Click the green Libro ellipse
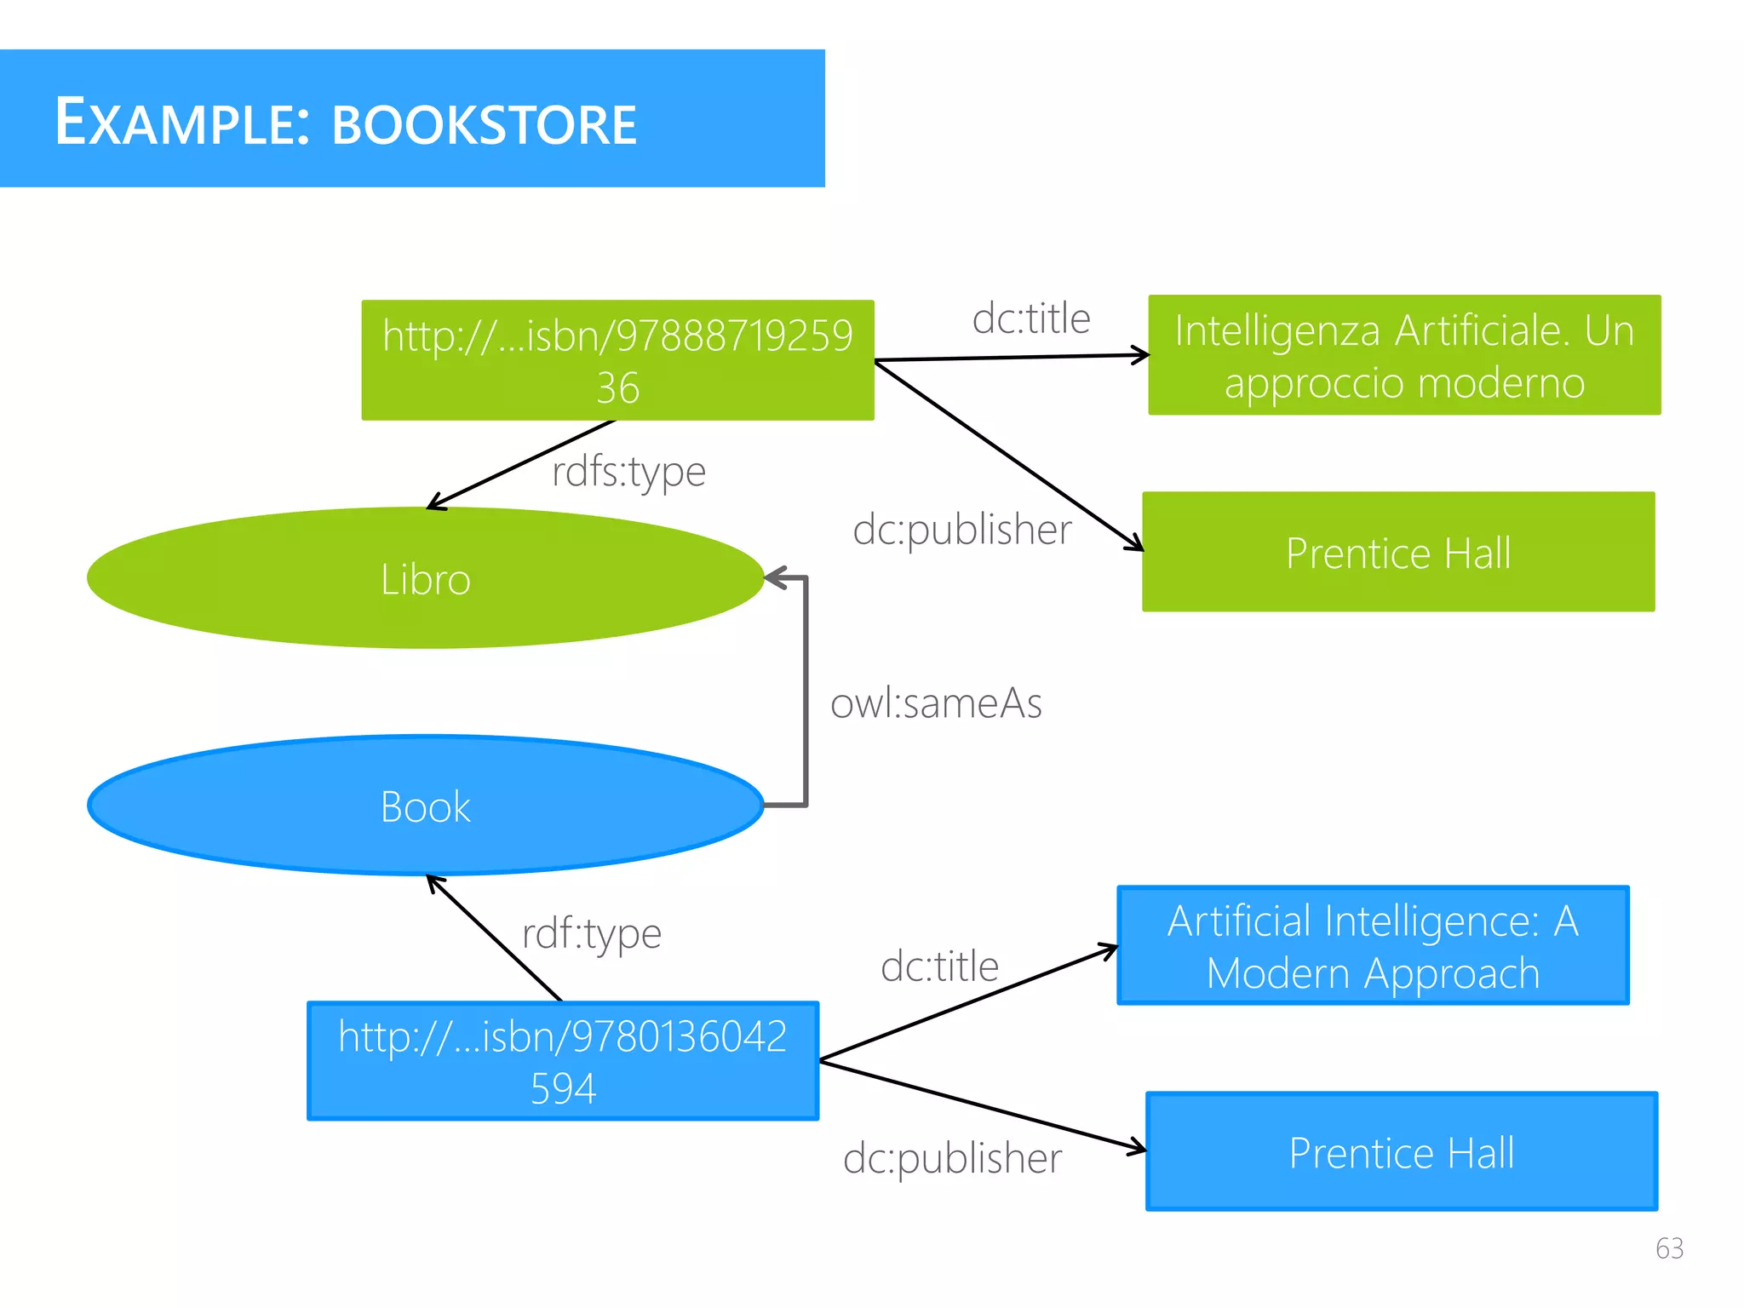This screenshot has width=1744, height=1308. click(x=425, y=578)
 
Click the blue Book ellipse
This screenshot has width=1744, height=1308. click(x=425, y=806)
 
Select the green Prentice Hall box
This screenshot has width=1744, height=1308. click(x=1398, y=552)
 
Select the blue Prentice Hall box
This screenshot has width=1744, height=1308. click(x=1402, y=1151)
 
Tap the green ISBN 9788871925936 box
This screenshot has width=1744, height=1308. click(x=617, y=360)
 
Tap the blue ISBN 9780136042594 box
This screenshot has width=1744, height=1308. click(x=563, y=1061)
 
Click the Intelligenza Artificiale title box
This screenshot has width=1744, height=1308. click(x=1404, y=355)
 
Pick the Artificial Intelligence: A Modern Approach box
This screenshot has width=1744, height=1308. click(x=1373, y=945)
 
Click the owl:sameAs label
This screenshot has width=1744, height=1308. click(x=936, y=703)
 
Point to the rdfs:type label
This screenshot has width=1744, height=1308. click(x=628, y=472)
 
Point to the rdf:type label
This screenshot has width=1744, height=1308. click(x=591, y=933)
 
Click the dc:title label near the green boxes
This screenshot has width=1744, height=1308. click(x=1031, y=318)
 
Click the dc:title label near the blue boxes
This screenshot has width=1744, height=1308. click(x=939, y=967)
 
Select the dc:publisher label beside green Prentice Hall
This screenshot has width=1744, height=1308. click(x=961, y=530)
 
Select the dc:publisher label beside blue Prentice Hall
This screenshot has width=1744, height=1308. click(x=952, y=1158)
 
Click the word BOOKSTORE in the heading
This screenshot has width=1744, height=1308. click(x=484, y=124)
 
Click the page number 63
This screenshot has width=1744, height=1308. click(x=1669, y=1248)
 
